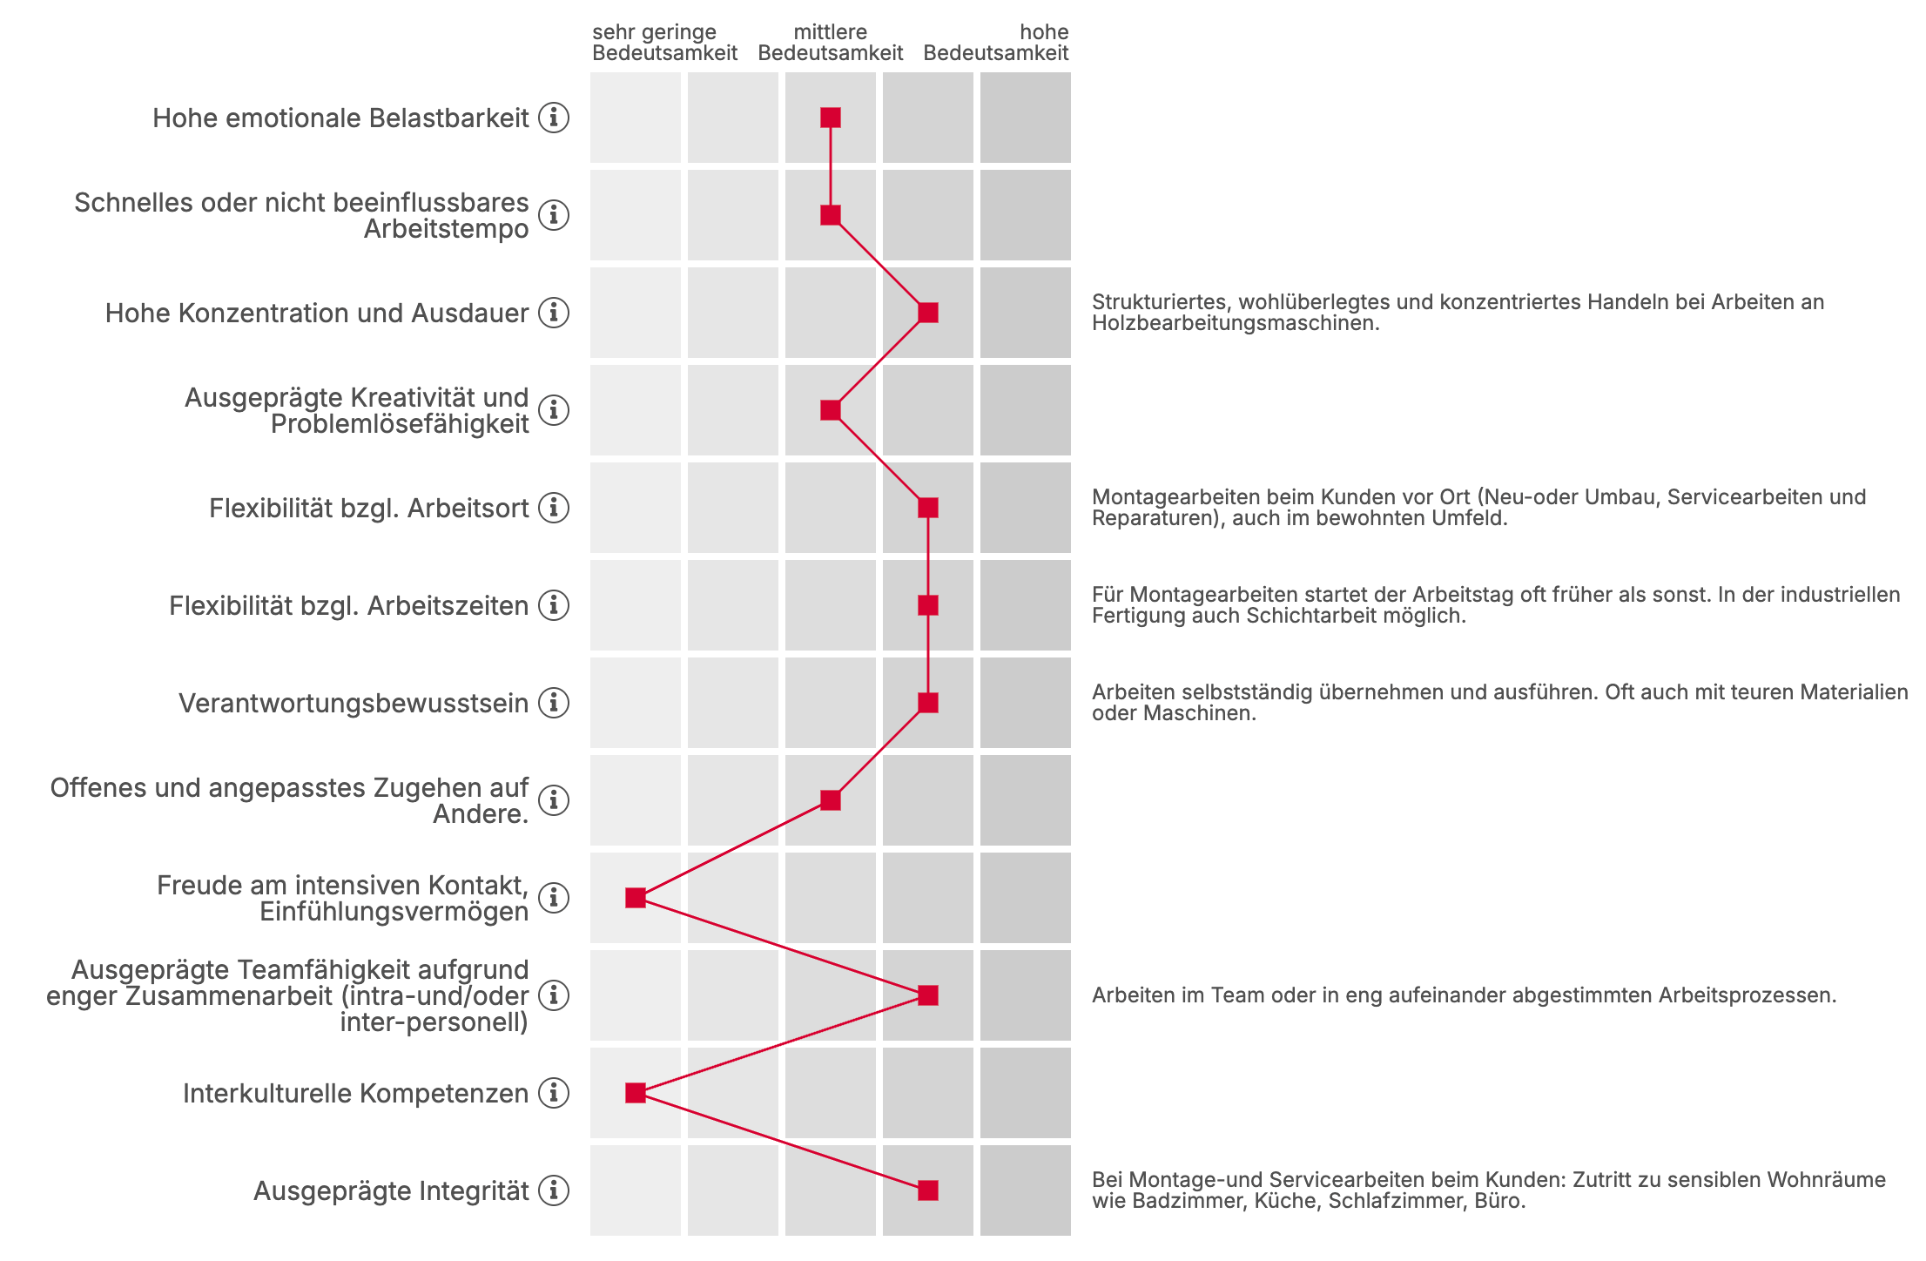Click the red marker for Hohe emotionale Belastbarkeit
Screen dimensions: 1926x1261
click(x=831, y=118)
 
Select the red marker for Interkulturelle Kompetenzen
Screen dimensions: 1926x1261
click(x=636, y=1093)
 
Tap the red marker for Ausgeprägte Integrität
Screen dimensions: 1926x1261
click(x=928, y=1190)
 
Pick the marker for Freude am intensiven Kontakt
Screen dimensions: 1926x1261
click(x=636, y=898)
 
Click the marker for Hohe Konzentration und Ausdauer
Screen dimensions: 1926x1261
click(x=928, y=313)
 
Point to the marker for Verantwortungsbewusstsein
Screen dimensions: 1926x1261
click(x=928, y=703)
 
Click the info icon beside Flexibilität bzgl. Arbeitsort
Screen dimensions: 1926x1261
click(x=554, y=508)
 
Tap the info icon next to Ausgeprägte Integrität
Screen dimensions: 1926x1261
click(x=554, y=1190)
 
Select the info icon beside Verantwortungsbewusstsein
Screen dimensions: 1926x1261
click(x=554, y=703)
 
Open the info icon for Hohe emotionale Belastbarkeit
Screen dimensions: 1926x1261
click(x=554, y=118)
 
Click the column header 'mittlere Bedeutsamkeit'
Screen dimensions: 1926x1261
click(x=831, y=43)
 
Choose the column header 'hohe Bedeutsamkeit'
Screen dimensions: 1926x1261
click(x=996, y=43)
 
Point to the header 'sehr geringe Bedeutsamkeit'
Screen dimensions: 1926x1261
click(x=665, y=43)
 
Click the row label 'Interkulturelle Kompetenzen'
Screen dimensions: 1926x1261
click(x=355, y=1094)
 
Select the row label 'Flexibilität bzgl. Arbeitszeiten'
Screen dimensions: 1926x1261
click(x=348, y=606)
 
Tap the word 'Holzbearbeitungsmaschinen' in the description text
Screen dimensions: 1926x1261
click(x=1236, y=323)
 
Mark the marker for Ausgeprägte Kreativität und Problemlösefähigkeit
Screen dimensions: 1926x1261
click(x=831, y=410)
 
